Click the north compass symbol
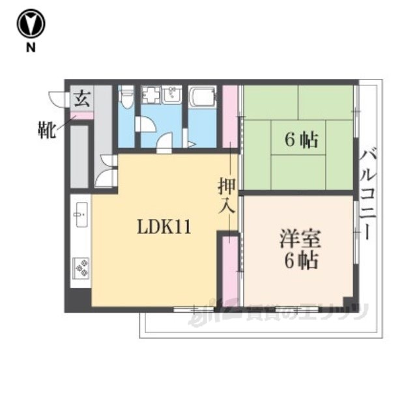point(31,23)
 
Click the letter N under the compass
point(31,48)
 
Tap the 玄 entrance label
point(82,99)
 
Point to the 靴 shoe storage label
point(46,130)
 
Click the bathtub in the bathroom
point(202,97)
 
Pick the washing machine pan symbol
point(151,95)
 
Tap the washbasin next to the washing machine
point(172,94)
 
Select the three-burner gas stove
point(81,268)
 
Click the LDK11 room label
point(164,227)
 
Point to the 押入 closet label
point(227,196)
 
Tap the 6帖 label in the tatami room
point(301,139)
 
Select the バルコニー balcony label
point(367,195)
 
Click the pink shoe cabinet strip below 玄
point(81,116)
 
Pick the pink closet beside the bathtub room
point(230,117)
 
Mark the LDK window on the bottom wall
point(194,309)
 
